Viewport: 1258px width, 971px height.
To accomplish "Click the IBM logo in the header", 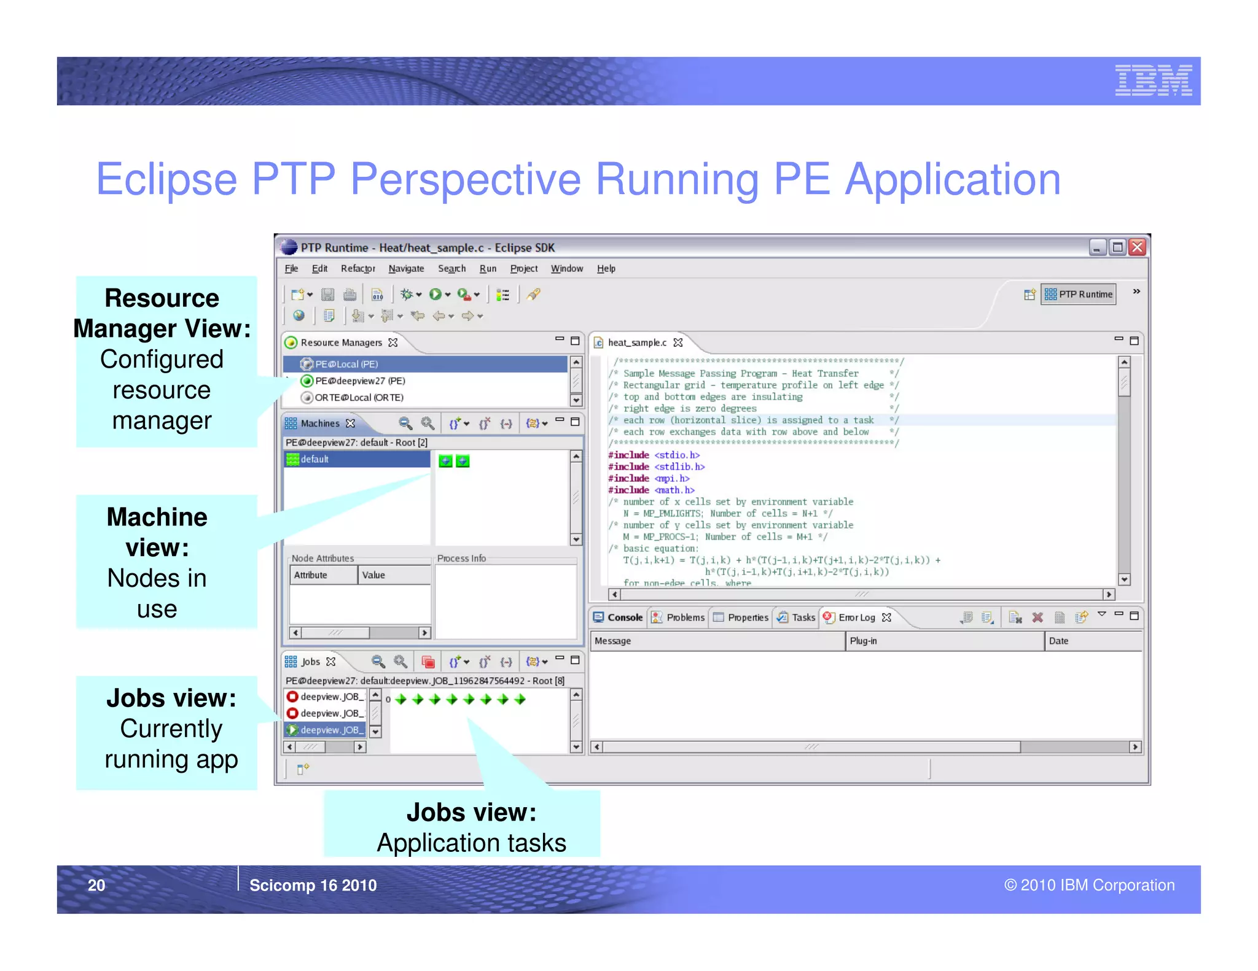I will (1153, 80).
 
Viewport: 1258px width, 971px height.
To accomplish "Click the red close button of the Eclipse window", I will (1137, 247).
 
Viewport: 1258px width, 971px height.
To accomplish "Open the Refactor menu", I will (357, 268).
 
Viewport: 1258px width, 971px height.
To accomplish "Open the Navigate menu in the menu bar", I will (406, 268).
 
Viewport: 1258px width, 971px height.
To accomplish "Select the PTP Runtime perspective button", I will (1079, 295).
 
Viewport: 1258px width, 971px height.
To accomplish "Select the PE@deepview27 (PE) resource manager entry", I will (359, 381).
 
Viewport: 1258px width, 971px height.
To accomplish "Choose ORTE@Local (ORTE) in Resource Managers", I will (358, 397).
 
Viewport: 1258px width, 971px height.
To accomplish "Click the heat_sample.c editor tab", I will (637, 342).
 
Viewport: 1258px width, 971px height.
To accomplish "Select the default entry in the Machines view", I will (314, 459).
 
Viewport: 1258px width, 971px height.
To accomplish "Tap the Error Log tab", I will (856, 617).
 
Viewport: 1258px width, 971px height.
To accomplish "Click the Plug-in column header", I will (863, 641).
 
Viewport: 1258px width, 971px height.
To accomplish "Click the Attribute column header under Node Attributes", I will (311, 575).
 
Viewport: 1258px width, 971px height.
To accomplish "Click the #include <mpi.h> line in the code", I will (649, 478).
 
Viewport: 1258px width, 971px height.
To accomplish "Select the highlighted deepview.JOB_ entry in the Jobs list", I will (329, 730).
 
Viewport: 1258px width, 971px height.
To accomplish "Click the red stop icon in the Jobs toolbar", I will (428, 662).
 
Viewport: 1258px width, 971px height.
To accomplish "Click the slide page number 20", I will (96, 885).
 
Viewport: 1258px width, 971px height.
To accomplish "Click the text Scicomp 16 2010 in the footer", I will (313, 885).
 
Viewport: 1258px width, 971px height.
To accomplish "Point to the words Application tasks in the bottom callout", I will (471, 843).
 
